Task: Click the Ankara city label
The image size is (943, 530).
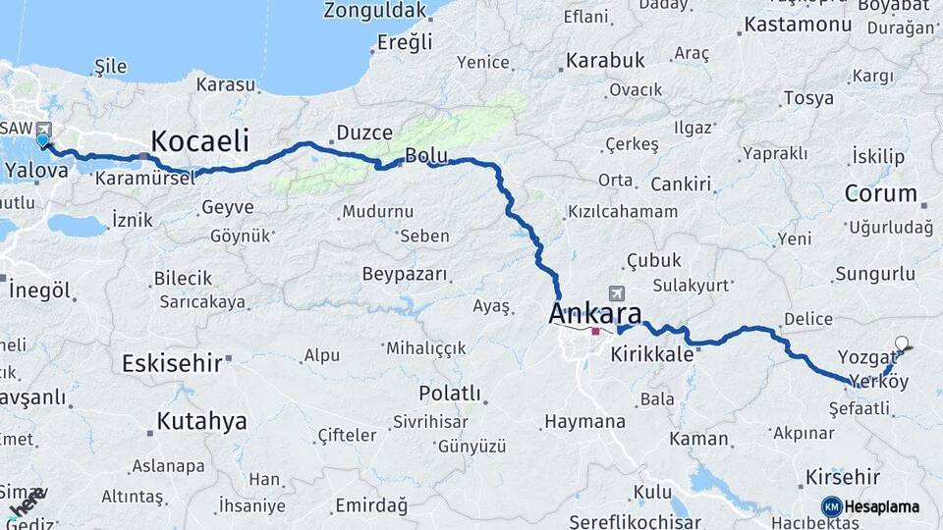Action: click(595, 314)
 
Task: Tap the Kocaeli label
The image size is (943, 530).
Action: click(199, 140)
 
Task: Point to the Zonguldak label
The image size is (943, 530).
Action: click(376, 12)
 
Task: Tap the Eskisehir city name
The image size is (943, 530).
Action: click(172, 363)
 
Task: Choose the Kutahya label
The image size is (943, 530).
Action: click(201, 422)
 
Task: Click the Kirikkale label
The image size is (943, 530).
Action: click(652, 355)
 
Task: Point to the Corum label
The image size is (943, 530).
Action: click(880, 193)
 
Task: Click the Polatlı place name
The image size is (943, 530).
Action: click(450, 394)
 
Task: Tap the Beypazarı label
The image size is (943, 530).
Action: click(405, 273)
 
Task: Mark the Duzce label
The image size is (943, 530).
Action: click(364, 132)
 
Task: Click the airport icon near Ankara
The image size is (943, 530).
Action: click(617, 293)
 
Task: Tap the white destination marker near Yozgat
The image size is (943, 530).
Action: click(902, 344)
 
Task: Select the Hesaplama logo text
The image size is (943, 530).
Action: click(881, 507)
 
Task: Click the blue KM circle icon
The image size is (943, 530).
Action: click(831, 507)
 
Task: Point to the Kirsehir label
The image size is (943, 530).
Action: click(842, 477)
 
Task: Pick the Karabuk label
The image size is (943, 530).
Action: click(605, 61)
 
